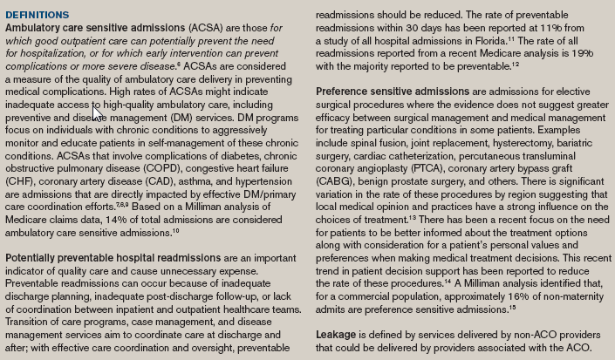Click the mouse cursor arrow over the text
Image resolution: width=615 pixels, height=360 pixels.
[97, 112]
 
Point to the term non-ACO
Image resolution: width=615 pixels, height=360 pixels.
[502, 336]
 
